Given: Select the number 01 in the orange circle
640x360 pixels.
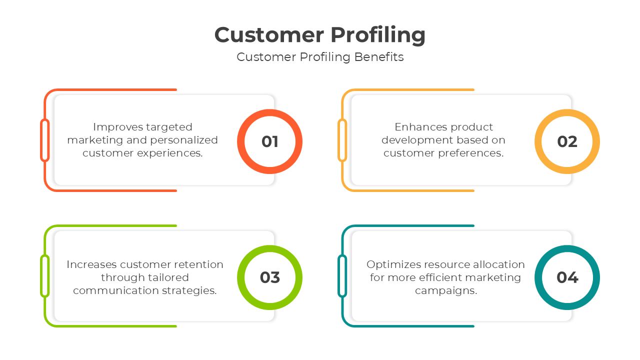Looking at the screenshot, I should tap(270, 141).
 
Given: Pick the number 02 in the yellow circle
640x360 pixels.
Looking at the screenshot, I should tap(567, 141).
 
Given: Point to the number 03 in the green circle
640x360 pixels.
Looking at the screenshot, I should tap(270, 277).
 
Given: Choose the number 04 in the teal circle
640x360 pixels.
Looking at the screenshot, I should tap(567, 277).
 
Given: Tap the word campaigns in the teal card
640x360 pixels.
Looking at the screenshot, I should tap(446, 290).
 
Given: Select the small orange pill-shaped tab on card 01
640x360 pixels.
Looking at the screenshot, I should tap(45, 140).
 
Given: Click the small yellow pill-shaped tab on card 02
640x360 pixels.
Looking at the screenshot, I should tap(342, 140).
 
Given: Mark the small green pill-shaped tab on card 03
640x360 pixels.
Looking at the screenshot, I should tap(45, 276).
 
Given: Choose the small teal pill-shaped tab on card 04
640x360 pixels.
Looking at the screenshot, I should tap(342, 276).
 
